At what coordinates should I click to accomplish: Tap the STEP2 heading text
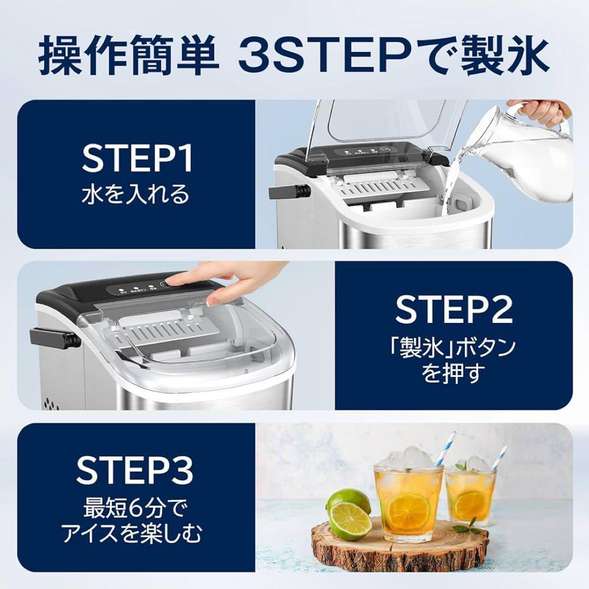454,309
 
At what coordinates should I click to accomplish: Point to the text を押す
454,375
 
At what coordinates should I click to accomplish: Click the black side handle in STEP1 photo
289,192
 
